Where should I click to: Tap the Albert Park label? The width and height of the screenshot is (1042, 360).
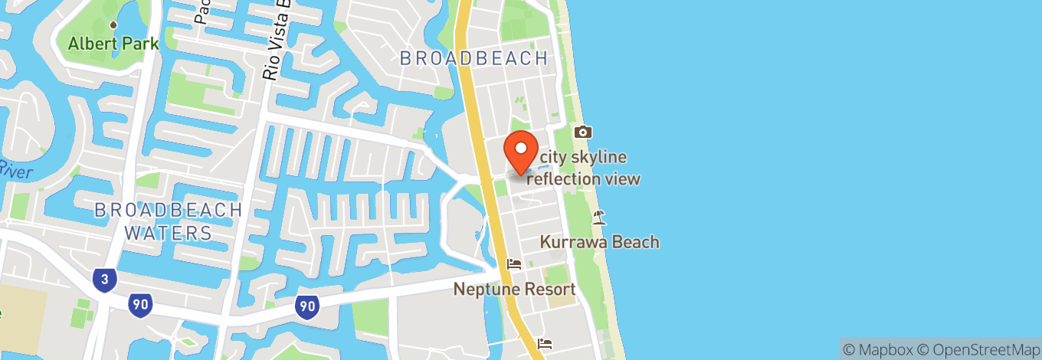click(113, 44)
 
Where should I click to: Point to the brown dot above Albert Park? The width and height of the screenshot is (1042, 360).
click(113, 25)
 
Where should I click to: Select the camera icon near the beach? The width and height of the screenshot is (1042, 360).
click(582, 133)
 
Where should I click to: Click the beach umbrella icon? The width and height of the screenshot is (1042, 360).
click(599, 218)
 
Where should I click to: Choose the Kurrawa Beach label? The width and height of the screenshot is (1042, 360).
click(599, 242)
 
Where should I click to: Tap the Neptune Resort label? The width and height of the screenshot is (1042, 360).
click(514, 290)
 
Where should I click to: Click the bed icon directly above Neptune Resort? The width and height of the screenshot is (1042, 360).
click(514, 264)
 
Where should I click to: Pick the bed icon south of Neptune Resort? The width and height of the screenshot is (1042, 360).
click(544, 342)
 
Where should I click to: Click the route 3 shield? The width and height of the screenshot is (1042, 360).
click(105, 280)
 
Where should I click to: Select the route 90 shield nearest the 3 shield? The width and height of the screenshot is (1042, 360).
click(139, 304)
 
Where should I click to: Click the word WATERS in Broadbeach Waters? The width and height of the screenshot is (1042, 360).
click(168, 233)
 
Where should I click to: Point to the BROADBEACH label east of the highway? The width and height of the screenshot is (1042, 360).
click(474, 58)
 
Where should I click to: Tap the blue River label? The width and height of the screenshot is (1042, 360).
click(15, 170)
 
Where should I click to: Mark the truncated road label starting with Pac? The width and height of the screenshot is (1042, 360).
click(203, 11)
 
